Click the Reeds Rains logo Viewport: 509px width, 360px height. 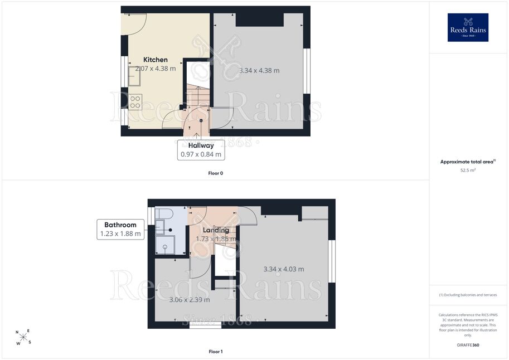[468, 27]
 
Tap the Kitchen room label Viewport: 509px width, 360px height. [156, 60]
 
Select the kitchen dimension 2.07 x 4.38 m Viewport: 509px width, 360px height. [156, 69]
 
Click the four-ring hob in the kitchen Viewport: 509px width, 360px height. [135, 101]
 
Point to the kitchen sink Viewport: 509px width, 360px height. [134, 76]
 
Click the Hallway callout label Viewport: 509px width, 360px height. [201, 150]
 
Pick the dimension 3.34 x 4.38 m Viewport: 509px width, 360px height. [259, 70]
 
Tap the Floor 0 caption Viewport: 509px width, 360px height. [216, 173]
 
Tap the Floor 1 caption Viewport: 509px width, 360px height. [216, 352]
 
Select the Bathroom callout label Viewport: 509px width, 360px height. [120, 229]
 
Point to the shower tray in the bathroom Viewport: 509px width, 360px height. [165, 245]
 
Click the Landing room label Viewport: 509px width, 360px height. [216, 230]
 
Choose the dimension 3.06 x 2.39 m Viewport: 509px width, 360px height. [190, 300]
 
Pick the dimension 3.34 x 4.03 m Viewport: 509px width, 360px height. [284, 269]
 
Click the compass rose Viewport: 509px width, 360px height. [23, 337]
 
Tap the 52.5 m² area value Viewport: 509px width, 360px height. [468, 170]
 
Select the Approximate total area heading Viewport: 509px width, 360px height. [468, 162]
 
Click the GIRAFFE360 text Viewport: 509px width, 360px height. [468, 345]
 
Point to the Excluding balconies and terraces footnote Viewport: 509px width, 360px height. [468, 295]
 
